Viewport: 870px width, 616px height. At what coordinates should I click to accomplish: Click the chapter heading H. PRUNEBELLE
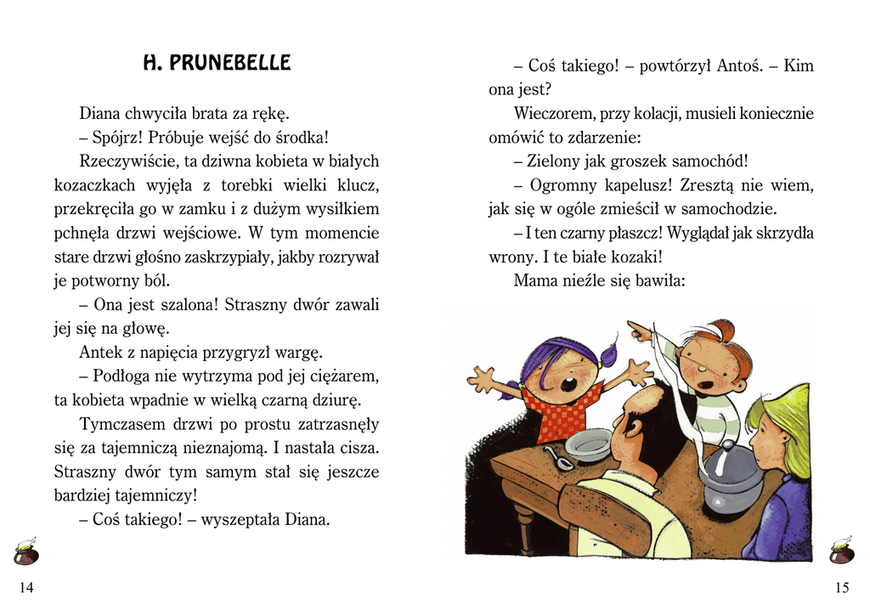coord(217,63)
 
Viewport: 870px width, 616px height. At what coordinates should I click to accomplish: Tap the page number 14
coord(26,588)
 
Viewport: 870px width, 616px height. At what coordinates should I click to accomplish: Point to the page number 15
coord(841,588)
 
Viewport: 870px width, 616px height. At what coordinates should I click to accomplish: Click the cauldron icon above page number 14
coord(25,552)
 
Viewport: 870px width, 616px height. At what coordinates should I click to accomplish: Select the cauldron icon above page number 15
coord(841,552)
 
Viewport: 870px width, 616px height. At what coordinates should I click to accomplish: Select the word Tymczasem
coord(120,423)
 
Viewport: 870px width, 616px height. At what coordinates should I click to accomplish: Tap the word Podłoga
coord(126,376)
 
